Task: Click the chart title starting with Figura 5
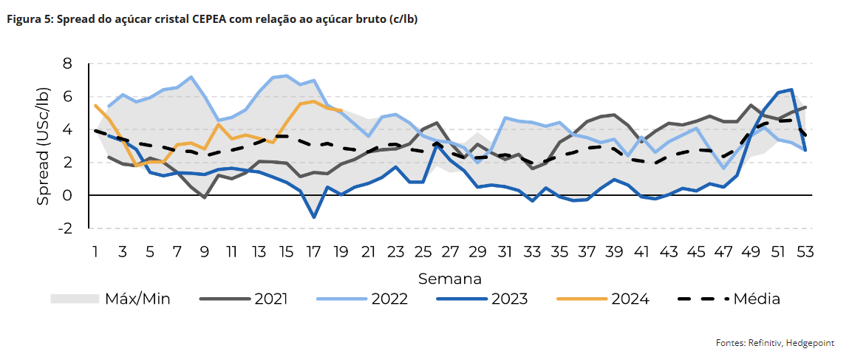click(212, 20)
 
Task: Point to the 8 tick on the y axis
click(67, 64)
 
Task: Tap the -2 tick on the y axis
click(65, 228)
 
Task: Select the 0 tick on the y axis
click(67, 195)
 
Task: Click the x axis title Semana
click(450, 279)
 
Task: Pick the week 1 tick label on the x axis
click(95, 252)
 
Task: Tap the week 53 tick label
click(804, 252)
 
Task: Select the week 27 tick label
click(450, 252)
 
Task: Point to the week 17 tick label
click(313, 252)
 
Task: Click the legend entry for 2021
click(244, 299)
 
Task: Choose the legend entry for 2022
click(362, 299)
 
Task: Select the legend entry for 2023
click(482, 299)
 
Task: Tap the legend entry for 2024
click(603, 299)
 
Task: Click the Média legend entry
click(730, 299)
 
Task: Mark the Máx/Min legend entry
click(110, 299)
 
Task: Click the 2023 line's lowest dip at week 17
click(313, 217)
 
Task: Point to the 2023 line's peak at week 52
click(791, 89)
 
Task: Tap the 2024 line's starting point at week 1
click(95, 106)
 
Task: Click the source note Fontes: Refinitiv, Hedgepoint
click(779, 342)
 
